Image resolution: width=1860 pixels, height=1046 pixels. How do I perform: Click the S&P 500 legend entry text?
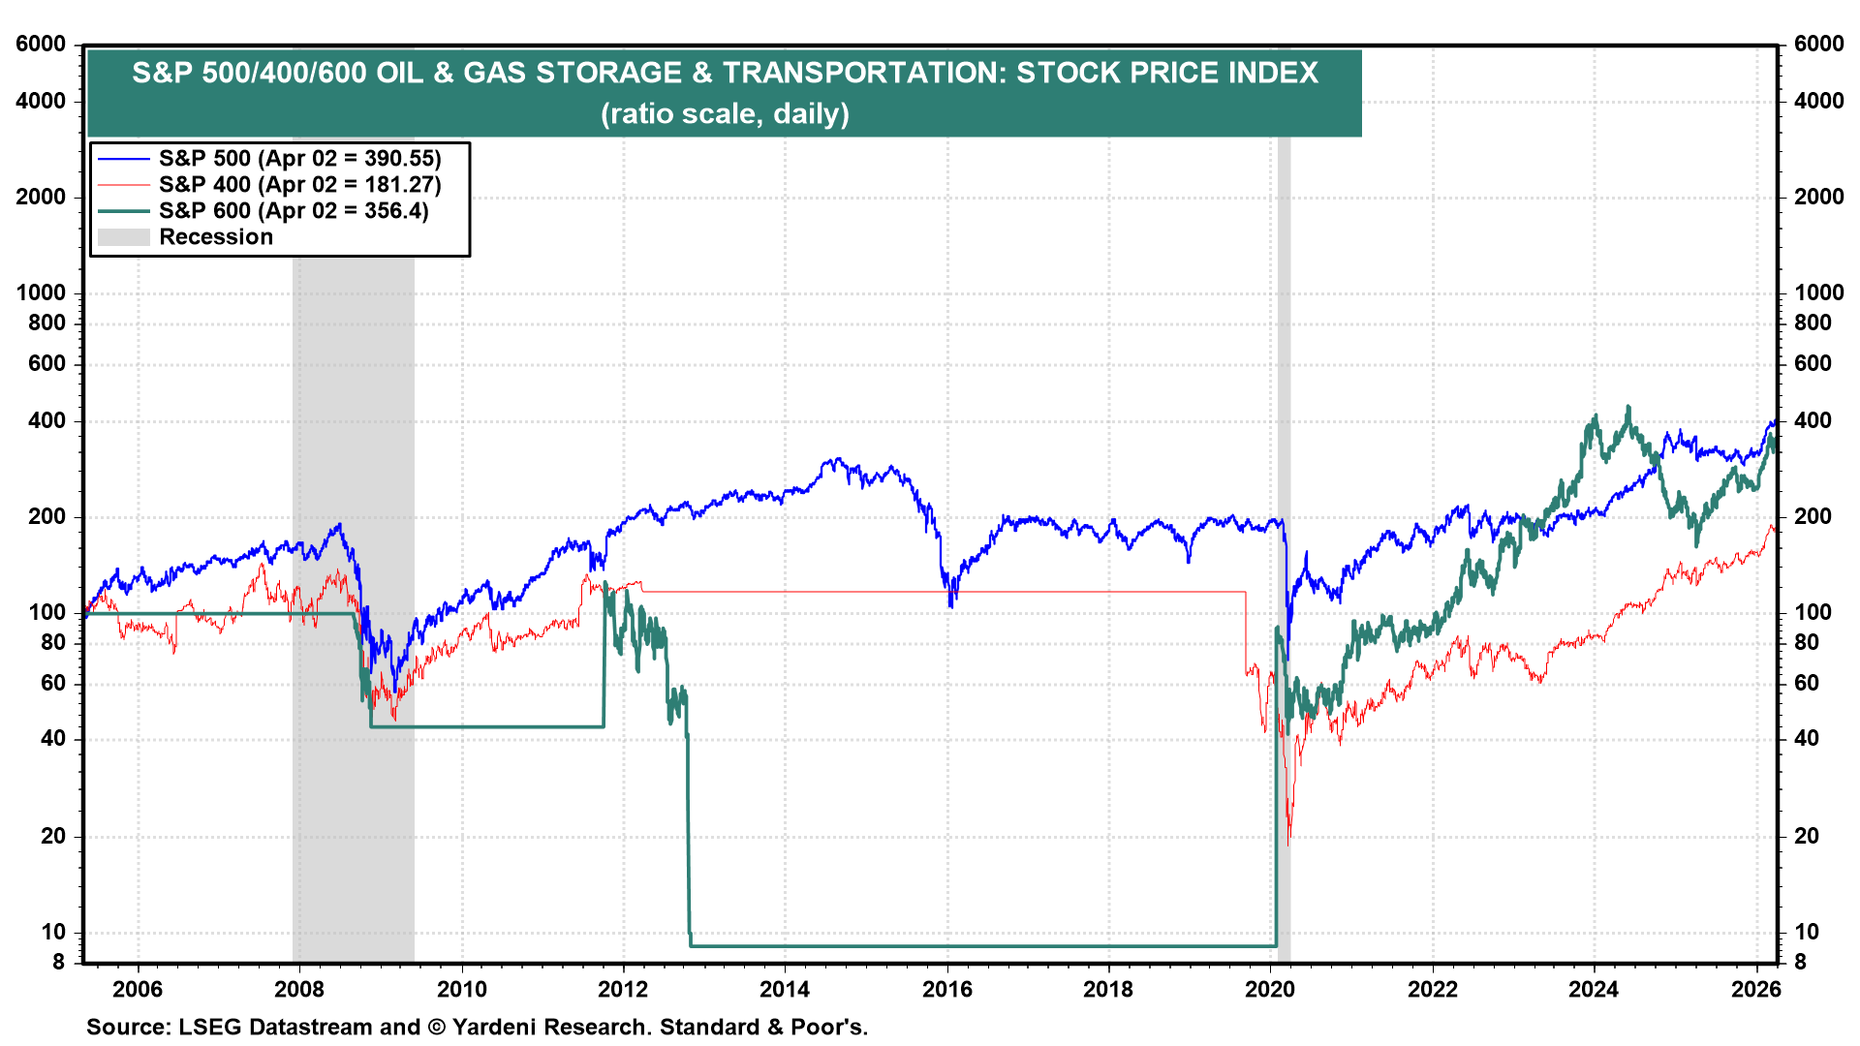point(299,159)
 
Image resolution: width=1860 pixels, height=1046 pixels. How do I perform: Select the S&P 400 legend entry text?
point(299,185)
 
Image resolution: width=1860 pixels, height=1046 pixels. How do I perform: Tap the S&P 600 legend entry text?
point(294,211)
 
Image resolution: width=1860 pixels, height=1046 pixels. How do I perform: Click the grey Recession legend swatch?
point(124,237)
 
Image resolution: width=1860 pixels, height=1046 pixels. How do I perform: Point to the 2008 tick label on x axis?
point(299,989)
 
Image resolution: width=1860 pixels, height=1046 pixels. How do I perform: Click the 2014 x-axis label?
point(785,989)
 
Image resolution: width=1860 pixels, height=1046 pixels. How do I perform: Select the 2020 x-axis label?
point(1270,989)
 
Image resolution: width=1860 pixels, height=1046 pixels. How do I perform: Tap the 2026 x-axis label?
point(1755,989)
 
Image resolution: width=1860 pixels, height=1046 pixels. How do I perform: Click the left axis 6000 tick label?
point(41,45)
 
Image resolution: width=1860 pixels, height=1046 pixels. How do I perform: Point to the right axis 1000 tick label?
point(1818,292)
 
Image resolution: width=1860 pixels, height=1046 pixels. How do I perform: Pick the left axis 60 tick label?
point(53,683)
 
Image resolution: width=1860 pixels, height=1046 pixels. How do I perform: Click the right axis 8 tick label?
point(1800,962)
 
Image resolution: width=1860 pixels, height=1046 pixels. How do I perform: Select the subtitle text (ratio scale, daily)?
point(725,114)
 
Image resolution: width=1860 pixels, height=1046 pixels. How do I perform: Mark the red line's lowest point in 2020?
point(1288,843)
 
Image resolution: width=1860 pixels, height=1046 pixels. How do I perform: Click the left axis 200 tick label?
point(46,516)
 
